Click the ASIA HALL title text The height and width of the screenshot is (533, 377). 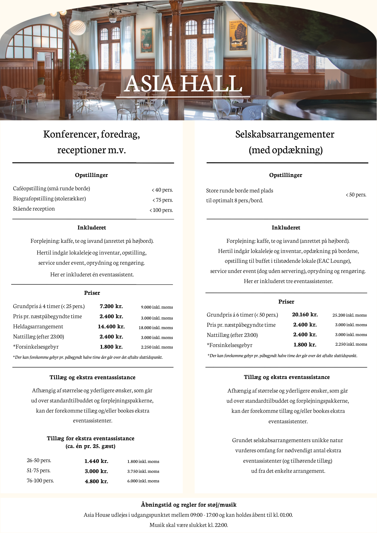click(x=183, y=84)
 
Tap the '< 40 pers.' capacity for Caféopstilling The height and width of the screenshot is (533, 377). click(x=162, y=190)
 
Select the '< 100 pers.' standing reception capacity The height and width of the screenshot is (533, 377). click(x=161, y=210)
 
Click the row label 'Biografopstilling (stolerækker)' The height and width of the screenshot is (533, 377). click(x=49, y=199)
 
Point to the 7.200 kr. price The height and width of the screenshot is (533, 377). click(x=111, y=306)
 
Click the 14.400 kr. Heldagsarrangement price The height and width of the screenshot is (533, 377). click(x=111, y=327)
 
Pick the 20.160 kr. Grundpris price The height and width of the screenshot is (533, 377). click(x=305, y=315)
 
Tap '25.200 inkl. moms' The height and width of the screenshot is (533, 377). click(x=350, y=315)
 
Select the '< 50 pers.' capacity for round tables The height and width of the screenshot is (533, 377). click(x=356, y=195)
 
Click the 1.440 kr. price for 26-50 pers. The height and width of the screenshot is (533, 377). click(x=96, y=461)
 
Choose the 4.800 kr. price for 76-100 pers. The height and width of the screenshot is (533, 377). click(x=96, y=482)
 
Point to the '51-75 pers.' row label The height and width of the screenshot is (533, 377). click(x=38, y=471)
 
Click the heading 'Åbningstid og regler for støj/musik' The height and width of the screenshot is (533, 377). click(x=188, y=505)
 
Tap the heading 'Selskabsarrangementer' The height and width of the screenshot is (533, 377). click(x=284, y=134)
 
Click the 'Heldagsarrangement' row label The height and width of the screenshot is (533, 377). click(x=38, y=327)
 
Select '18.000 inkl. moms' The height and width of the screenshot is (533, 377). click(x=156, y=328)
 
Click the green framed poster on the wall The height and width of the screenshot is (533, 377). click(x=147, y=40)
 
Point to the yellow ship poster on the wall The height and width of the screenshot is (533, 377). click(x=238, y=35)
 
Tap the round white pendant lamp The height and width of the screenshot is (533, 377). click(x=78, y=27)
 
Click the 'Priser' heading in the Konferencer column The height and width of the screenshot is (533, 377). click(x=92, y=293)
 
